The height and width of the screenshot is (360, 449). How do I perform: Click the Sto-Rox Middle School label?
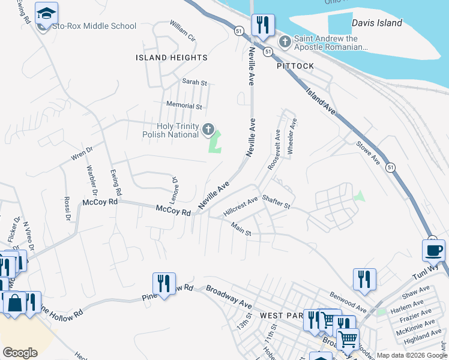pyautogui.click(x=94, y=26)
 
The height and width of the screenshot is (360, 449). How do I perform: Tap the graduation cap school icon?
pyautogui.click(x=46, y=13)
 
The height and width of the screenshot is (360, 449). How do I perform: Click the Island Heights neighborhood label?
pyautogui.click(x=172, y=58)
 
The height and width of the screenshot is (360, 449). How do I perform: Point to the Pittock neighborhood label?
pyautogui.click(x=295, y=66)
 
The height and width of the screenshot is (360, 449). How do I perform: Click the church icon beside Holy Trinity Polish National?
pyautogui.click(x=208, y=128)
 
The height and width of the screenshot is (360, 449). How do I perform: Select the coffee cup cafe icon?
pyautogui.click(x=433, y=250)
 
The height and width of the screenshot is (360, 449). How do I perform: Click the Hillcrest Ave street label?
pyautogui.click(x=240, y=206)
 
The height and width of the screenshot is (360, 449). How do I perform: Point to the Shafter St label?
pyautogui.click(x=276, y=205)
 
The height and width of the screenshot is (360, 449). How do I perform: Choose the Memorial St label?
pyautogui.click(x=184, y=106)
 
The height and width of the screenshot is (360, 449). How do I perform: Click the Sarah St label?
pyautogui.click(x=194, y=82)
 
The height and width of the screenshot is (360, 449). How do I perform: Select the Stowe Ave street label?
pyautogui.click(x=368, y=154)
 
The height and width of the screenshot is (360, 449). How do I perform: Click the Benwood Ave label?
pyautogui.click(x=348, y=302)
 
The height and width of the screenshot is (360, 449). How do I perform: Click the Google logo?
pyautogui.click(x=20, y=353)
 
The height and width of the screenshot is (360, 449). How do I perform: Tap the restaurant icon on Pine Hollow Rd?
pyautogui.click(x=163, y=282)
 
